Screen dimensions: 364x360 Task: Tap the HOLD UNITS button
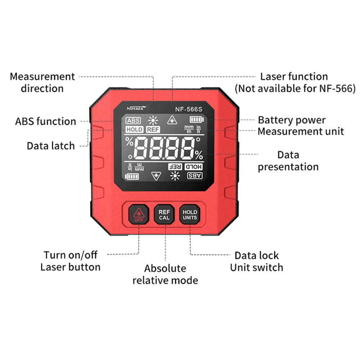pos(190,215)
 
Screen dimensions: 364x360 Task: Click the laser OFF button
pos(139,215)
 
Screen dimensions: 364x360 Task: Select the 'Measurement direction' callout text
pos(42,82)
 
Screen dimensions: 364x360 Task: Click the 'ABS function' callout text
pos(46,121)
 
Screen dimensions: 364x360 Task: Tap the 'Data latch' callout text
pos(51,146)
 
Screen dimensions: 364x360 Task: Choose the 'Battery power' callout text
pos(292,120)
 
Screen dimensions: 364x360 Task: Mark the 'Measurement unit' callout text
pos(301,131)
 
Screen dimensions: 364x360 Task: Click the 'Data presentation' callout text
pos(288,161)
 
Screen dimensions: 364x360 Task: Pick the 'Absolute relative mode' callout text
pos(165,274)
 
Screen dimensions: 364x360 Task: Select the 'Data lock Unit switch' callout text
pos(256,261)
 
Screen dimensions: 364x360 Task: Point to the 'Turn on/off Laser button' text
pos(70,261)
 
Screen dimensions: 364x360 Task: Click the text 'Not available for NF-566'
pos(295,88)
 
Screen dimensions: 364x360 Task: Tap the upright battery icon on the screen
pos(196,120)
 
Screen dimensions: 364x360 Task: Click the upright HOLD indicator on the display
pos(134,129)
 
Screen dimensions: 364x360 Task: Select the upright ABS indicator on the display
pos(133,121)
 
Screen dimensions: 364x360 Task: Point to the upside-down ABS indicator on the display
pos(195,176)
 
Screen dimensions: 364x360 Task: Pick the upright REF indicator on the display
pos(153,129)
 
